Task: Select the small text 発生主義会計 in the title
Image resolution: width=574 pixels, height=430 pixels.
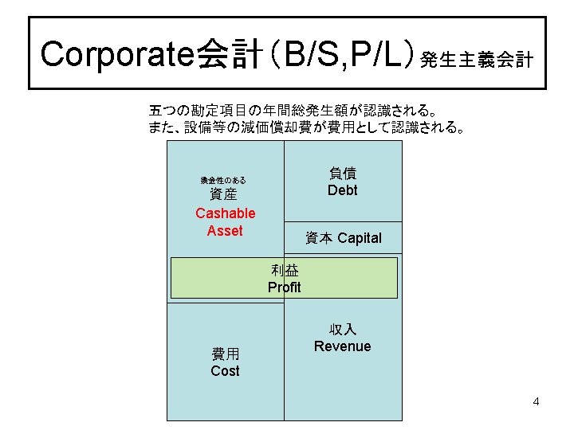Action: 477,61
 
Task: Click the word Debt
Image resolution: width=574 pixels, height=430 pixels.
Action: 342,190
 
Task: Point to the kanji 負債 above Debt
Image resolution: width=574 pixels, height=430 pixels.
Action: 342,173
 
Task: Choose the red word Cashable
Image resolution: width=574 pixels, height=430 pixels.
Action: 225,213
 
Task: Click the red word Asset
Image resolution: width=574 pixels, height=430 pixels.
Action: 225,231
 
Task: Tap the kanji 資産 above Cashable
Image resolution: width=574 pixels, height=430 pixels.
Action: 223,195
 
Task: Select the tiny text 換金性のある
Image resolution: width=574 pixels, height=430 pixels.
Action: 223,181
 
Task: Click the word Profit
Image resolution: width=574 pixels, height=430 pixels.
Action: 285,287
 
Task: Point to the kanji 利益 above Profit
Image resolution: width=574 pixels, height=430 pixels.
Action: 285,271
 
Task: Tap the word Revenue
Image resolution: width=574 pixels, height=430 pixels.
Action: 342,346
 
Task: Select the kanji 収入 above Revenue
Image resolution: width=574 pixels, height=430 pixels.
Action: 342,329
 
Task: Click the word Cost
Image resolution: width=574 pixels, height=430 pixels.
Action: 225,371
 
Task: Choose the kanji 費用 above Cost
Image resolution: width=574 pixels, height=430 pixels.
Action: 225,354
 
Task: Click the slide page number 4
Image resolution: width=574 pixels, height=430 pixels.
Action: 536,401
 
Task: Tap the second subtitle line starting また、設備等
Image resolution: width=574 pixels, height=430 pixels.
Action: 306,127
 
